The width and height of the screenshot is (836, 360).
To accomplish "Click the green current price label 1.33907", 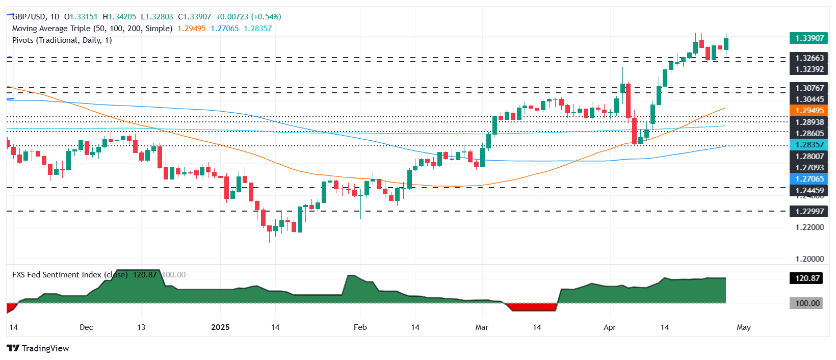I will [x=809, y=38].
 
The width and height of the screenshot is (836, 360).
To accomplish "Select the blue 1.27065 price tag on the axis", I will [x=809, y=179].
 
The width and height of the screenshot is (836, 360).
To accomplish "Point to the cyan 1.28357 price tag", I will [x=809, y=145].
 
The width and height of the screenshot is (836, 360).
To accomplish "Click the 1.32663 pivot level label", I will [x=809, y=58].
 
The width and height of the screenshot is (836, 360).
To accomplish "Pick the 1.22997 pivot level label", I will [x=809, y=211].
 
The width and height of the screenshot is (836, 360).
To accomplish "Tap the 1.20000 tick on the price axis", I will [x=809, y=259].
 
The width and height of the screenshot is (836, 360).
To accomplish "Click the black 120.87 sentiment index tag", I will [x=807, y=278].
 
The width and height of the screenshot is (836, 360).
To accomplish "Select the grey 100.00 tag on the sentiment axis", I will [x=807, y=303].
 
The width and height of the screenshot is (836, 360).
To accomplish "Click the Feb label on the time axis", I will [x=360, y=327].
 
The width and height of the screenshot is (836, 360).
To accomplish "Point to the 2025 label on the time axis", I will [x=220, y=327].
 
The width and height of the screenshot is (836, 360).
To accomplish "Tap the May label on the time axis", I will [x=743, y=327].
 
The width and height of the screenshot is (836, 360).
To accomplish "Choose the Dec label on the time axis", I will [x=86, y=327].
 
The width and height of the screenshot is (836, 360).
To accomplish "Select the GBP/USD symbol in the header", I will [x=29, y=17].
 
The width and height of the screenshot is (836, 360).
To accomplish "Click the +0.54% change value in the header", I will [x=266, y=17].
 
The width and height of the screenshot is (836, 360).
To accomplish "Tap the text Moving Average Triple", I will [x=51, y=29].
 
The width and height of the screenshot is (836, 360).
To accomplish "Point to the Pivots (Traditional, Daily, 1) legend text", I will [x=62, y=40].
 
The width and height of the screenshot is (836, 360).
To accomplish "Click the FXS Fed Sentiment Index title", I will [x=57, y=275].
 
